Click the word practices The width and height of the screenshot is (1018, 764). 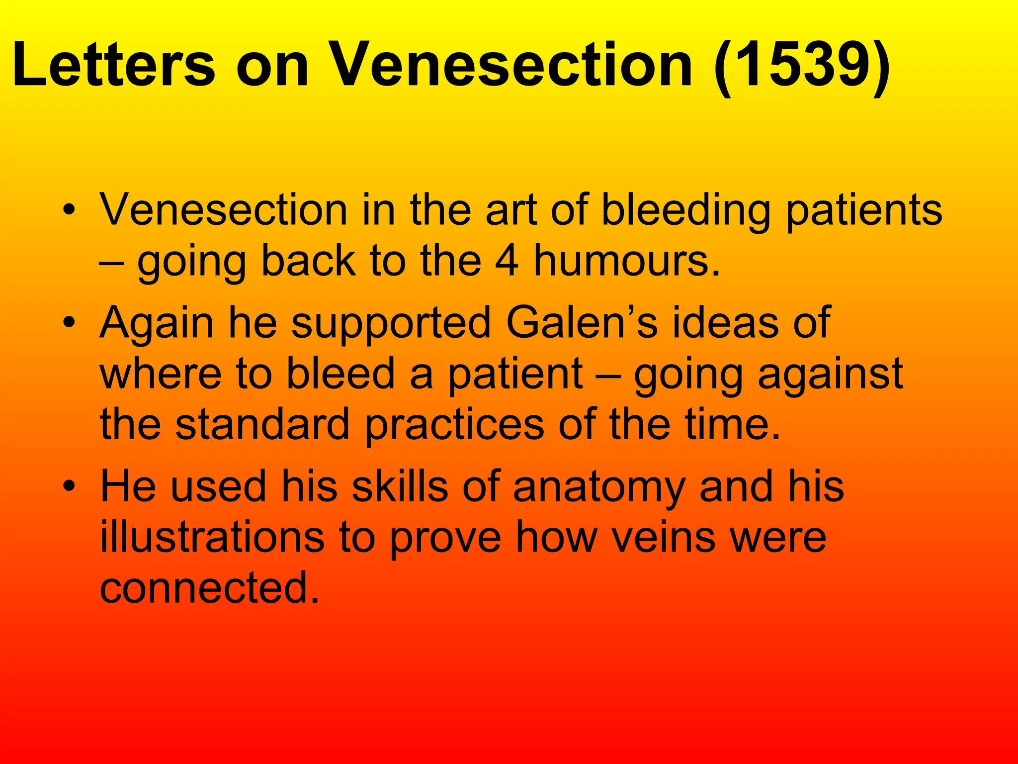(455, 426)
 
